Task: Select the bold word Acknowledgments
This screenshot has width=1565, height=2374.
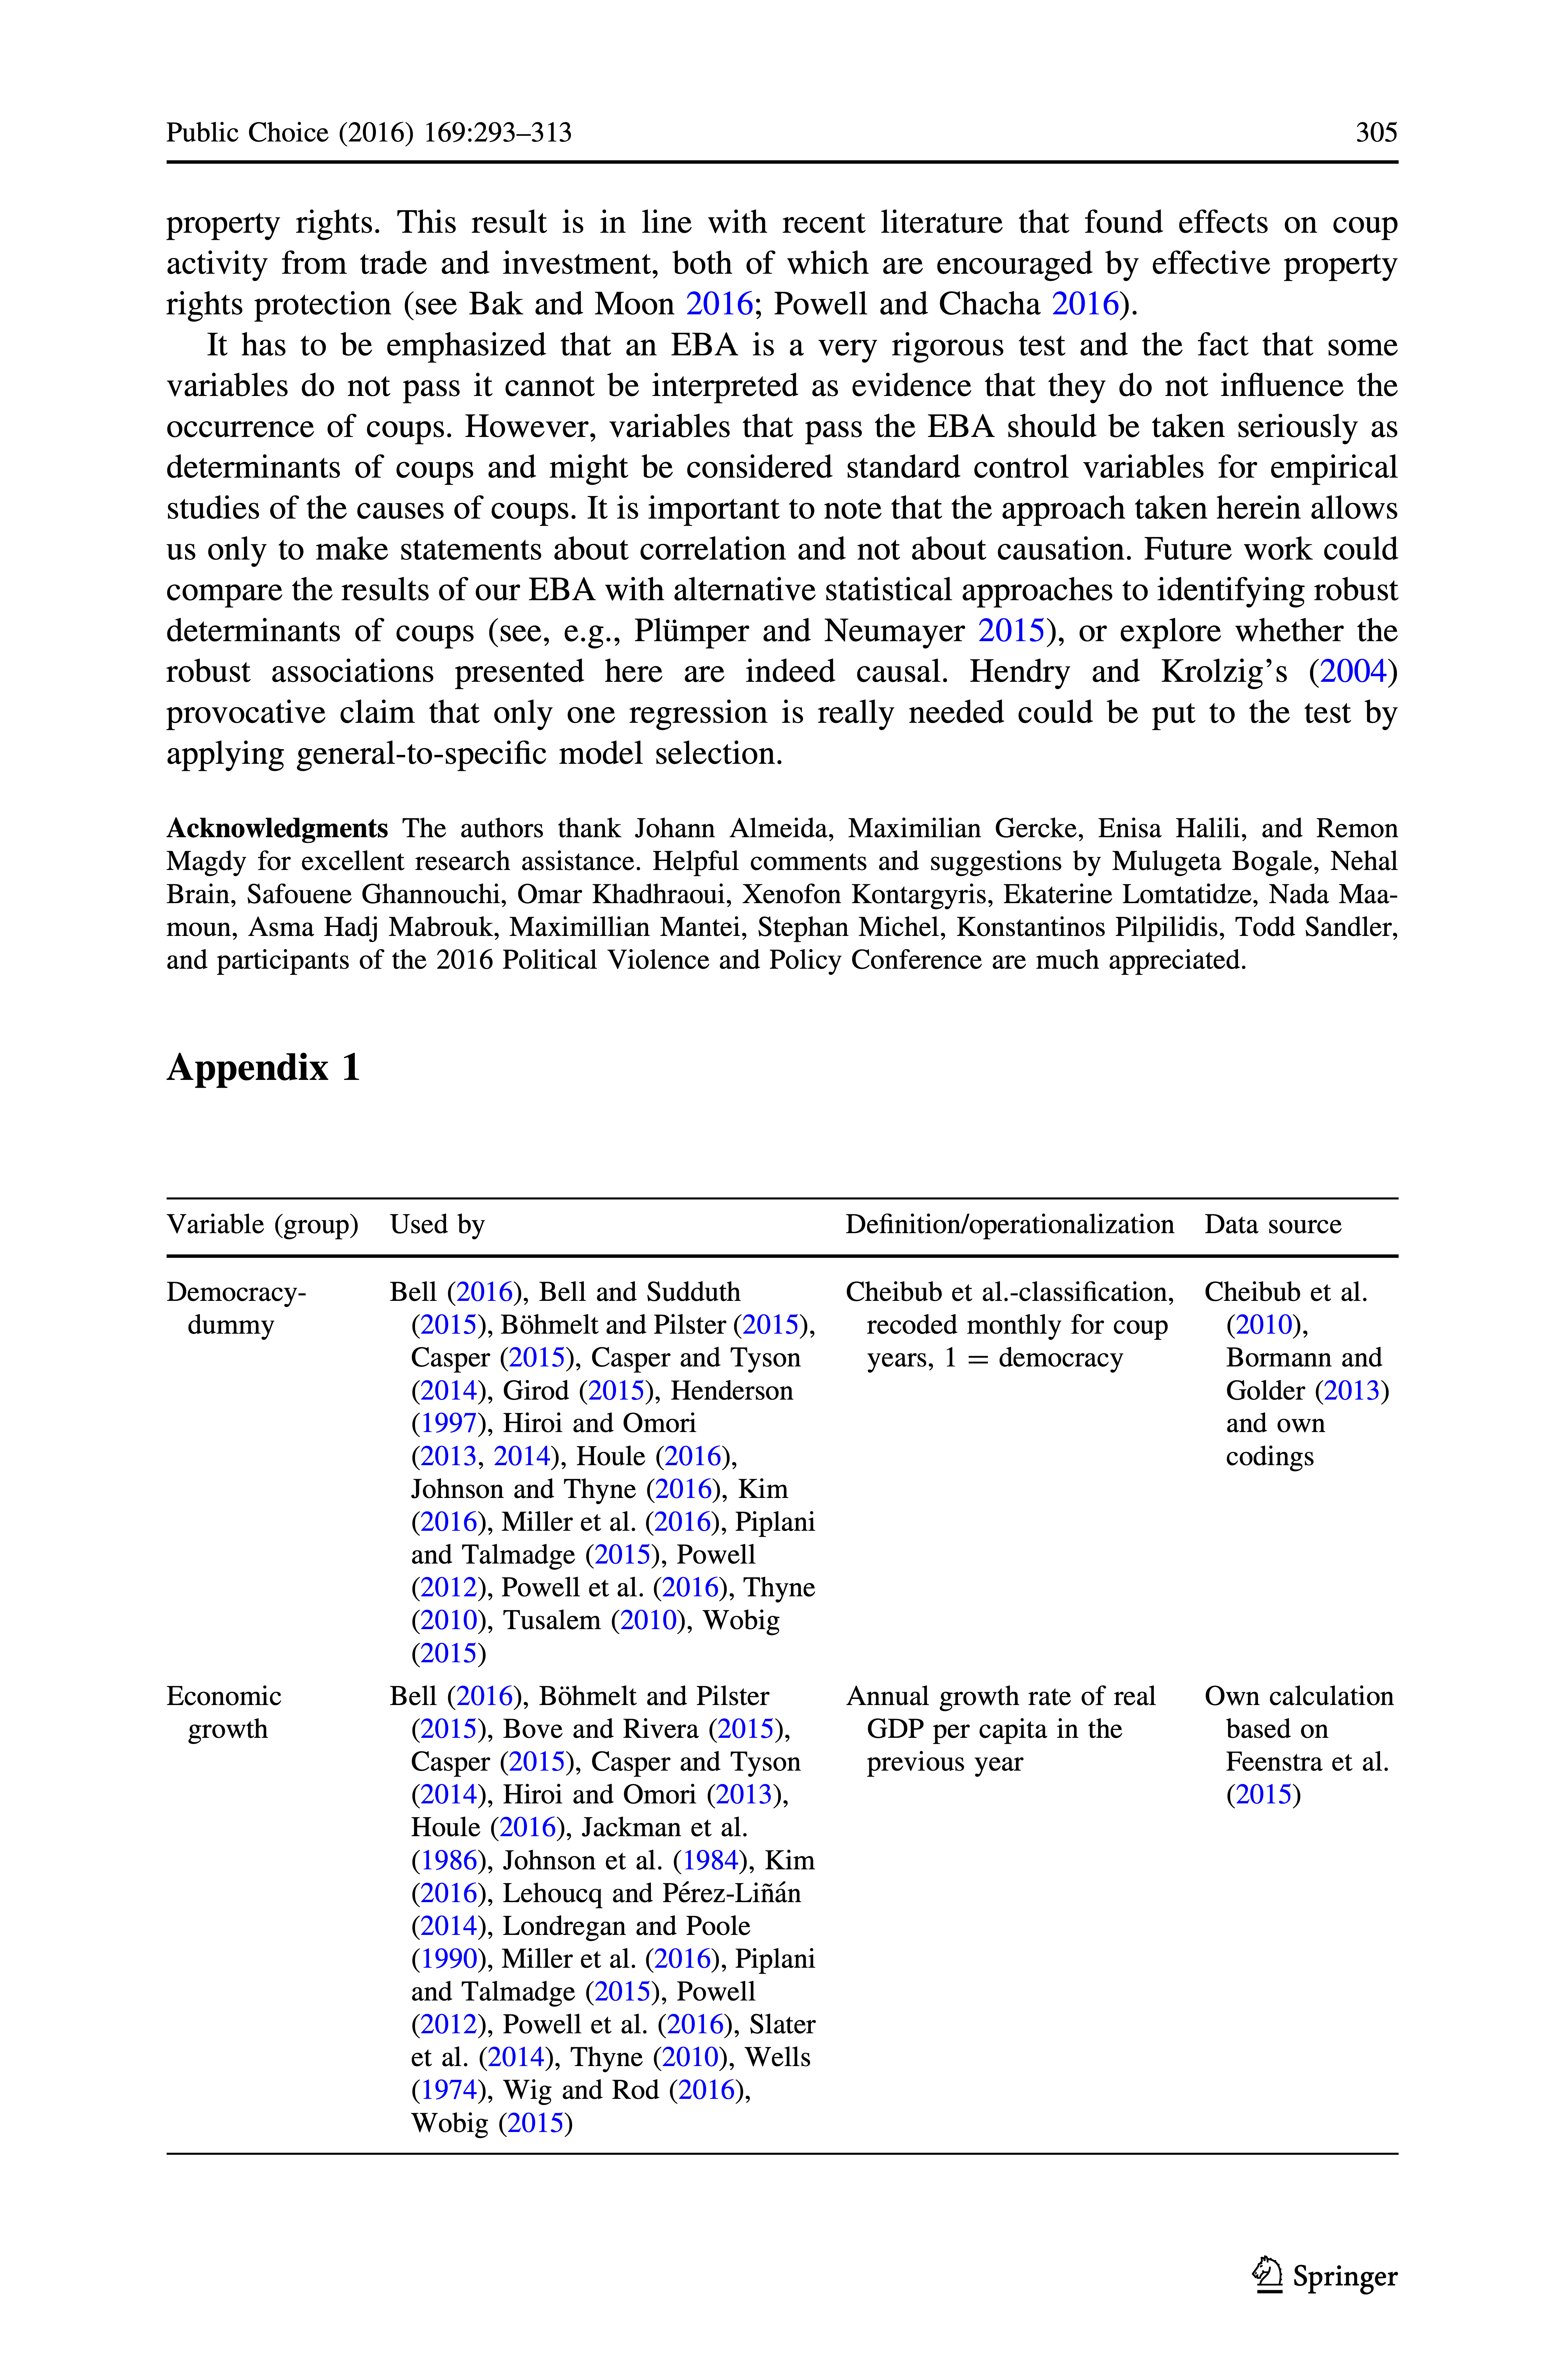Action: click(276, 829)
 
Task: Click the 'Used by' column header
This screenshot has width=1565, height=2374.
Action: click(437, 1225)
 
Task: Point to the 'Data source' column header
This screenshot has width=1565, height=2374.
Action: click(1273, 1225)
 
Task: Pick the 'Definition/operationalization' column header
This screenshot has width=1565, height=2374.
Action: click(1009, 1225)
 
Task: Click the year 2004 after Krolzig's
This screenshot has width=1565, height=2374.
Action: click(1353, 672)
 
